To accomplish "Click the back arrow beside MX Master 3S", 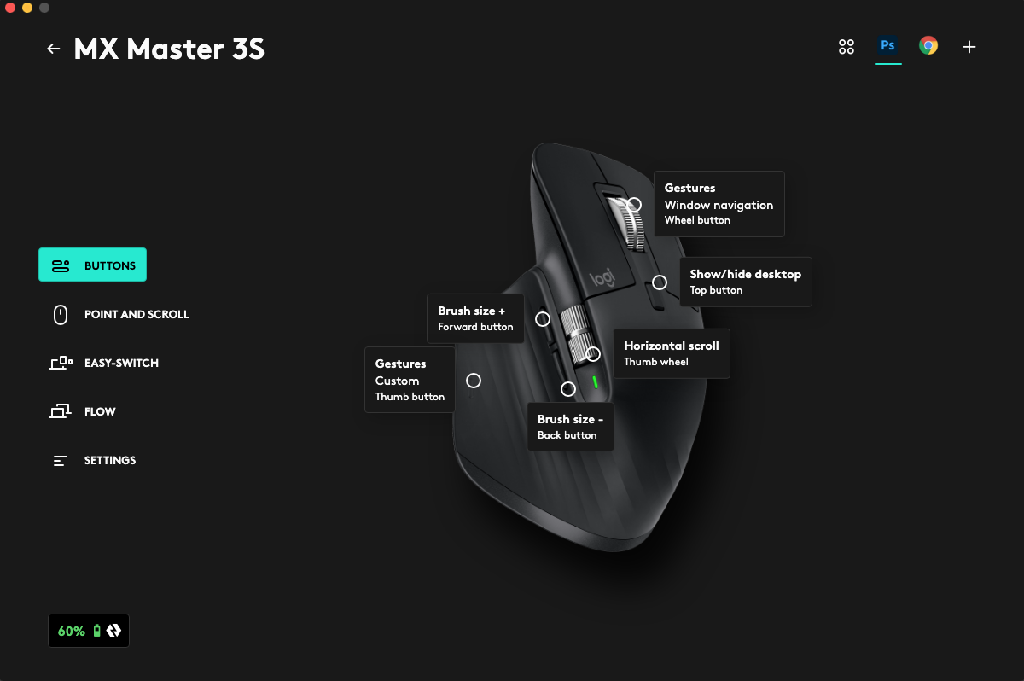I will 54,49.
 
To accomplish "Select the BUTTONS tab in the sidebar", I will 92,265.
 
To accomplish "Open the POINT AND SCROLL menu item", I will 119,314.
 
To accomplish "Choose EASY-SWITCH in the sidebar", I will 103,363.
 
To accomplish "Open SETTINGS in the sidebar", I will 93,460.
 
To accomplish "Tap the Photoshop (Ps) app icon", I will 887,46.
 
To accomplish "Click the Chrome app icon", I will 928,46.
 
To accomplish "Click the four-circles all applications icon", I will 847,47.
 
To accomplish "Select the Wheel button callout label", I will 719,204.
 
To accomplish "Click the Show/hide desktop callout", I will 745,282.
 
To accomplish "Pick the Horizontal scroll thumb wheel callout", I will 671,353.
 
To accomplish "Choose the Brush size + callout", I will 475,318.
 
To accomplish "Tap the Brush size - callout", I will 569,427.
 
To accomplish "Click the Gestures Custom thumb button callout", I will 410,380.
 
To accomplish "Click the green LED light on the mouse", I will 596,382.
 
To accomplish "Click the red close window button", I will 10,8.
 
